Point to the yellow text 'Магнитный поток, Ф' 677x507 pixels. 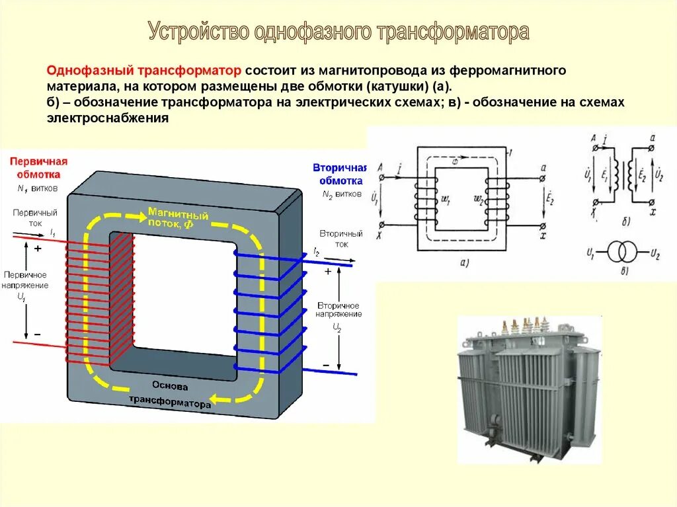click(178, 218)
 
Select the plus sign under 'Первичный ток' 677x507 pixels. click(38, 249)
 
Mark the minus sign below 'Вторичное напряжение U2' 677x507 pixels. click(326, 365)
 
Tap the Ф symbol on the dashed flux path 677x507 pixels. click(454, 161)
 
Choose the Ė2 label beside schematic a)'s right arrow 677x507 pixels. click(551, 196)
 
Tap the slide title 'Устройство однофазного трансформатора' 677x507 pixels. click(338, 32)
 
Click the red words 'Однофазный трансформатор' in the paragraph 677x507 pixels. click(144, 71)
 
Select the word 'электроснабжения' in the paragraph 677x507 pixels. click(108, 118)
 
